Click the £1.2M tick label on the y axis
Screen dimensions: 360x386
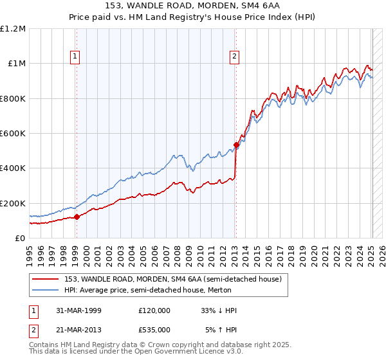point(13,29)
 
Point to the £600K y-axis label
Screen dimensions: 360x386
point(13,134)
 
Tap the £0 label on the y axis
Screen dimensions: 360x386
point(21,239)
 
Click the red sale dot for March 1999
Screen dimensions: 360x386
point(77,217)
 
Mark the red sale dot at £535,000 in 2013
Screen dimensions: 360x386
point(236,145)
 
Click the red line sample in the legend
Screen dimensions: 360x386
point(47,279)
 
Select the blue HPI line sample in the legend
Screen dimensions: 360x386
point(47,290)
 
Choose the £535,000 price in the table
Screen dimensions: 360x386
point(154,329)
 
